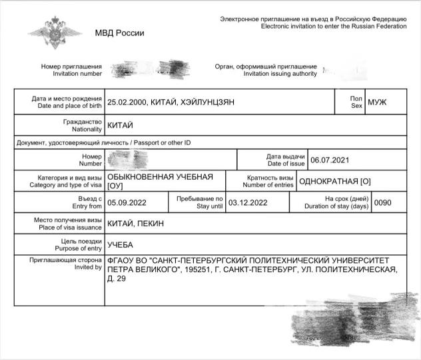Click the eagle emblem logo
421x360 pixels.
coord(55,34)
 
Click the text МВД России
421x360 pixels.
coord(119,33)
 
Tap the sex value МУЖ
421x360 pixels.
coord(377,102)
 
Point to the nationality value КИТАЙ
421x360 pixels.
coord(121,125)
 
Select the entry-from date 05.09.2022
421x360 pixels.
coord(128,203)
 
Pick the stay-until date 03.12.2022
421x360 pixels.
coord(248,203)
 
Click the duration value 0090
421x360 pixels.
coord(383,203)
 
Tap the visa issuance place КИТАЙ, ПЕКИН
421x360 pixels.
coord(135,224)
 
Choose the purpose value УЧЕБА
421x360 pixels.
coord(121,244)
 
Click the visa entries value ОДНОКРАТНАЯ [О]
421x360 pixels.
coord(335,181)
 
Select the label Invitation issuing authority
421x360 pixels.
coord(280,74)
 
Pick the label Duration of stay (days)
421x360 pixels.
coord(333,206)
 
